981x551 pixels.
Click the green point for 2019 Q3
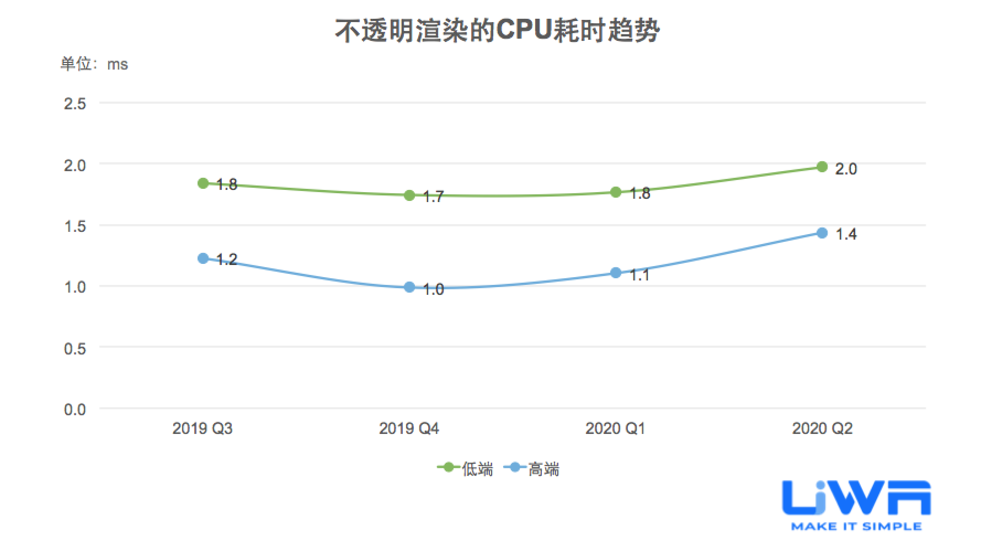coord(203,183)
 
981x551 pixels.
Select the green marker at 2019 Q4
coord(409,195)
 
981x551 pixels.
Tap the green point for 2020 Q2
coord(822,167)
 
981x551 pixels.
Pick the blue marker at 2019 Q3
coord(203,258)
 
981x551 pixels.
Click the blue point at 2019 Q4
coord(409,287)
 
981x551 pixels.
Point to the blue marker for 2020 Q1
coord(616,273)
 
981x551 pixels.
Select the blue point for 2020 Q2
coord(822,233)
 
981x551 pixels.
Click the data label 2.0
coord(846,169)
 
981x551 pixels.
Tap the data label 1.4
coord(846,235)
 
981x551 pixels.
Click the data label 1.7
coord(433,197)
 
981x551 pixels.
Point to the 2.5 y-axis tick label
coord(75,104)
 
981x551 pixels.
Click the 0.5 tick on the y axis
coord(75,349)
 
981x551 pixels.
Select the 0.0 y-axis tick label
coord(75,410)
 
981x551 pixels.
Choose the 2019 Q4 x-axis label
coord(409,428)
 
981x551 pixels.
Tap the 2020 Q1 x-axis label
coord(615,428)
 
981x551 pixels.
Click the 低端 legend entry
coord(466,469)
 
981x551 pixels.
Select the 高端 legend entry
coord(533,469)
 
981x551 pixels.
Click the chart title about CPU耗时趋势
coord(497,31)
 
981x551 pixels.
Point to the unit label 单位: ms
coord(94,65)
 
